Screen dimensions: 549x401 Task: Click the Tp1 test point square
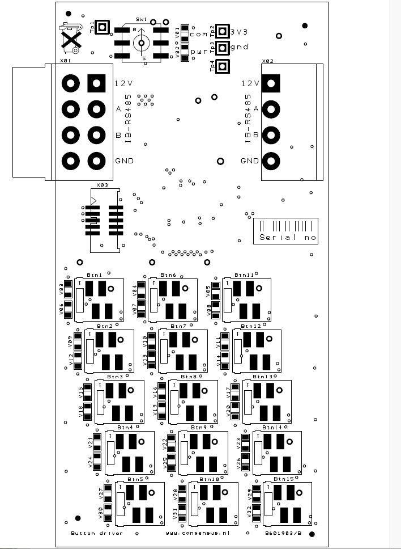[102, 27]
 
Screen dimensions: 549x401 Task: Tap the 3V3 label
[240, 31]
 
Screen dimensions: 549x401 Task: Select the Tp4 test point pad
[223, 66]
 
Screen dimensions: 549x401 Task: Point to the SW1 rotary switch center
[141, 41]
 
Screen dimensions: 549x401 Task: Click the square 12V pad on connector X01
[96, 83]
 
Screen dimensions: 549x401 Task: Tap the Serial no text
[287, 238]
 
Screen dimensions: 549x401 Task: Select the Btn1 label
[95, 274]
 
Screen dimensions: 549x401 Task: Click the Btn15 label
[283, 479]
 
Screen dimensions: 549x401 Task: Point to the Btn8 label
[189, 377]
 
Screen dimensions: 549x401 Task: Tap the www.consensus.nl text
[198, 533]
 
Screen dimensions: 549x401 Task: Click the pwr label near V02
[199, 52]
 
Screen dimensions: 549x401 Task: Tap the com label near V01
[199, 34]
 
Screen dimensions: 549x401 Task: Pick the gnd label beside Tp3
[240, 47]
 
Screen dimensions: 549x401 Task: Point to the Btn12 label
[251, 326]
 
